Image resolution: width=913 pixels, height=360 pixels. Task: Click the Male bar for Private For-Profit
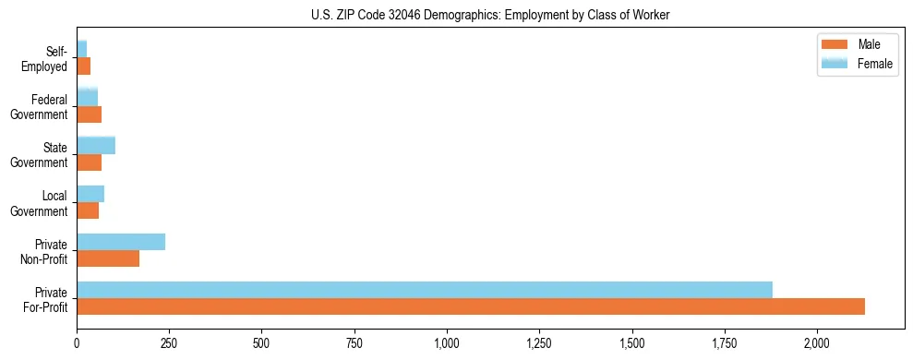pyautogui.click(x=471, y=306)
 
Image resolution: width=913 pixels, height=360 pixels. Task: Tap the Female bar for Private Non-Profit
pyautogui.click(x=121, y=242)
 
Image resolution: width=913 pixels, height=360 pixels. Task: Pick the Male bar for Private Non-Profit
pyautogui.click(x=108, y=258)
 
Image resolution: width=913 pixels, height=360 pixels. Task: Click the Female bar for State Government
pyautogui.click(x=96, y=145)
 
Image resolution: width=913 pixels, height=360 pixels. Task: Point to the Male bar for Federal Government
pyautogui.click(x=89, y=114)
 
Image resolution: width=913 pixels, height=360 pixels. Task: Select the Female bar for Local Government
pyautogui.click(x=90, y=194)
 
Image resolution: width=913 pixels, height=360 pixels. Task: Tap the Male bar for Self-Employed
pyautogui.click(x=83, y=66)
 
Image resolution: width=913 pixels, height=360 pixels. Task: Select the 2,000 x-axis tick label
pyautogui.click(x=817, y=343)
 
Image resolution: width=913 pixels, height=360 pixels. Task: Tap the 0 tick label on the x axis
pyautogui.click(x=77, y=343)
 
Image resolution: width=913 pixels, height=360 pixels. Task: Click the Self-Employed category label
pyautogui.click(x=48, y=59)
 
